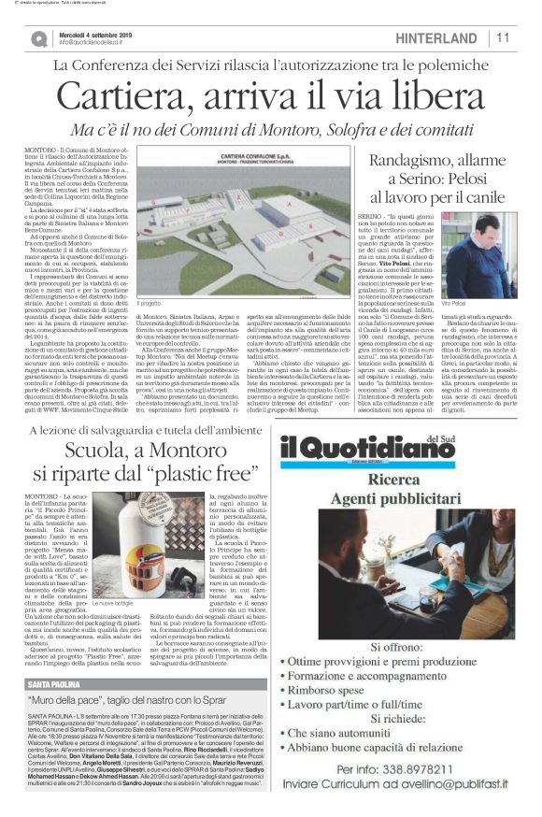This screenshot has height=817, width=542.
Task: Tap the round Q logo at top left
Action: [x=38, y=37]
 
